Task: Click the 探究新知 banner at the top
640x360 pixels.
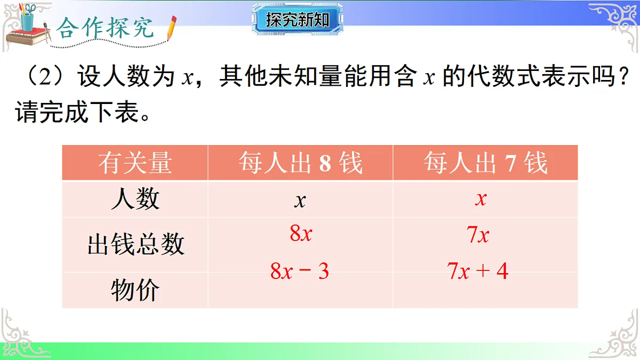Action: [x=298, y=20]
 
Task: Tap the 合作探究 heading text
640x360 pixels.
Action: [x=106, y=28]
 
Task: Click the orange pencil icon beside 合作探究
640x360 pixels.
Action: [x=172, y=28]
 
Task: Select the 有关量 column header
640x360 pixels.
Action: [x=135, y=163]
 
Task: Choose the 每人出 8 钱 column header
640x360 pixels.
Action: [x=300, y=163]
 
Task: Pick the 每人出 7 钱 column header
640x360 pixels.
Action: [x=485, y=163]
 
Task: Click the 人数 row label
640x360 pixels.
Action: [x=135, y=199]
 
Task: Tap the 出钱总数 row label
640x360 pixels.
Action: [x=135, y=245]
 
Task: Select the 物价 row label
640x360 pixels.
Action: [x=135, y=290]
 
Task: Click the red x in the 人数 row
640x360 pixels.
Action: [x=481, y=199]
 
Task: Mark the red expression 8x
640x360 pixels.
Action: [x=301, y=234]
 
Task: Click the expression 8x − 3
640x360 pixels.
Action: [x=300, y=271]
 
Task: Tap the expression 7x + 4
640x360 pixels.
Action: [x=478, y=271]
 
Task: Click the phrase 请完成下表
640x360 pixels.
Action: [x=77, y=114]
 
